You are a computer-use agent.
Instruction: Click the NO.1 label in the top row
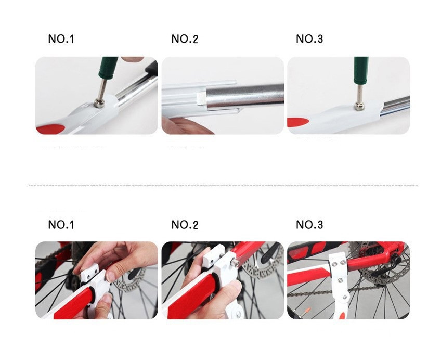tap(61, 39)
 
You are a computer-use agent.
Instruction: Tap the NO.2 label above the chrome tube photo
tap(185, 39)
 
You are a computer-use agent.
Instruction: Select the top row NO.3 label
tap(309, 39)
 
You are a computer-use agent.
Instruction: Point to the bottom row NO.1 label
tap(61, 225)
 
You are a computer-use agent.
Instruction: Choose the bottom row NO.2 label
tap(185, 225)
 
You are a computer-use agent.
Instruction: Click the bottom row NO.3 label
tap(309, 225)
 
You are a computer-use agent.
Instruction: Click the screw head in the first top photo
tap(98, 103)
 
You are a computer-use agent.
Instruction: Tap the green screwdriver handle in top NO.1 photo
tap(108, 68)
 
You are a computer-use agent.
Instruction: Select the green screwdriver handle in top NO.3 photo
tap(361, 70)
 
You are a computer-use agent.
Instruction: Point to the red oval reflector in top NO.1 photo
tap(50, 129)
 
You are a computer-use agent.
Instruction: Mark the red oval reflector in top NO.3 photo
tap(297, 122)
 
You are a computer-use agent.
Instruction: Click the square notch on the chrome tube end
tap(201, 99)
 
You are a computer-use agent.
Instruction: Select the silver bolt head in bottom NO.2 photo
tap(236, 263)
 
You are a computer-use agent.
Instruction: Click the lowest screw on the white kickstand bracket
tap(345, 297)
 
